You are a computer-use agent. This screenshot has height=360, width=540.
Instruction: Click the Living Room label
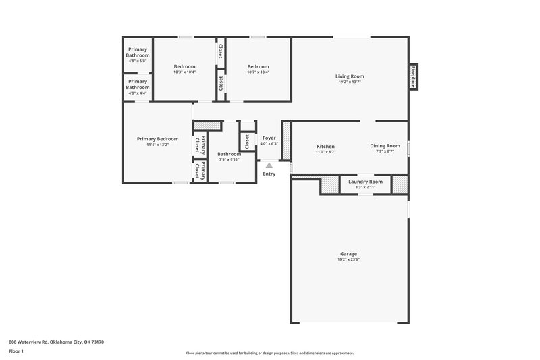[349, 76]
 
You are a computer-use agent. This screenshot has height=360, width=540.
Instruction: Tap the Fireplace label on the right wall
[412, 76]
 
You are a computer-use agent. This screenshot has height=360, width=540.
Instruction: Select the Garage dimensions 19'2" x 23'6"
[349, 259]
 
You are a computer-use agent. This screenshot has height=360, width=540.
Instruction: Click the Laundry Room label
[365, 182]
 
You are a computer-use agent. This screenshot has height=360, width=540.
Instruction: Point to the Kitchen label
[325, 147]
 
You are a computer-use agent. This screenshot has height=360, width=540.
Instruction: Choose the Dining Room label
[385, 146]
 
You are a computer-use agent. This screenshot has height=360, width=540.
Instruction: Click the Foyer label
[269, 138]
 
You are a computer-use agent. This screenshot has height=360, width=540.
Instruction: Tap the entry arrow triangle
[269, 164]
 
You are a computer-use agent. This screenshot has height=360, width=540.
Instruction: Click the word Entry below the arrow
[269, 174]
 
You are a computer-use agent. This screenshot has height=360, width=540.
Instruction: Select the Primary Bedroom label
[157, 139]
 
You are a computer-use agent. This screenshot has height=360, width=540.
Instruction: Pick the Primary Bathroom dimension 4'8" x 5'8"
[138, 61]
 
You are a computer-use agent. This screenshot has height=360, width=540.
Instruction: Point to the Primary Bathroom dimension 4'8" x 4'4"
[138, 93]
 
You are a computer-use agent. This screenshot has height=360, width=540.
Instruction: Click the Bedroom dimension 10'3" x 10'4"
[184, 72]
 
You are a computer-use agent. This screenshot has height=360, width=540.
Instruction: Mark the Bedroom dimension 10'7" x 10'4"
[258, 72]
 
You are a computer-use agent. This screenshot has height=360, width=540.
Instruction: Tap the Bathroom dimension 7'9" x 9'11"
[229, 160]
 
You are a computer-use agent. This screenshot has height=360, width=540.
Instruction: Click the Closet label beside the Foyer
[247, 141]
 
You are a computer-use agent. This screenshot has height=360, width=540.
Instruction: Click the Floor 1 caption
[17, 351]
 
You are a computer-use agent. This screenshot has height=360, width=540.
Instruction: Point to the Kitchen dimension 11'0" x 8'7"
[325, 152]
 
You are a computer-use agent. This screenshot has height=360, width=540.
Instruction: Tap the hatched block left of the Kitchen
[286, 141]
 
